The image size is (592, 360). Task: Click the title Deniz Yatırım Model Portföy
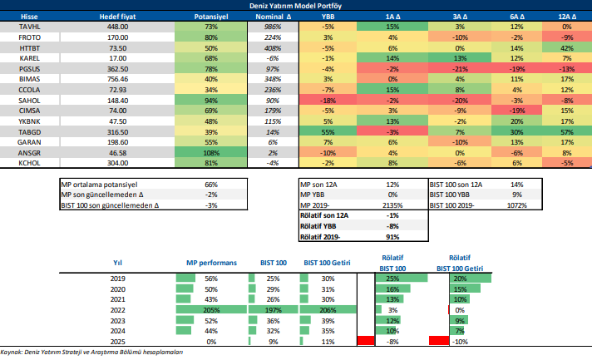pyautogui.click(x=295, y=5)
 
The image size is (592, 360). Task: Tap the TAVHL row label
pyautogui.click(x=17, y=27)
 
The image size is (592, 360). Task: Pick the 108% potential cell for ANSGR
pyautogui.click(x=210, y=154)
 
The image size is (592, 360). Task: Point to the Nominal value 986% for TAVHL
pyautogui.click(x=270, y=27)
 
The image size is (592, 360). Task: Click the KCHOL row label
pyautogui.click(x=17, y=164)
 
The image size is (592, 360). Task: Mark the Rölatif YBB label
pyautogui.click(x=324, y=224)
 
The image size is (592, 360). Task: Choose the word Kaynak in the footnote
pyautogui.click(x=12, y=353)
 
